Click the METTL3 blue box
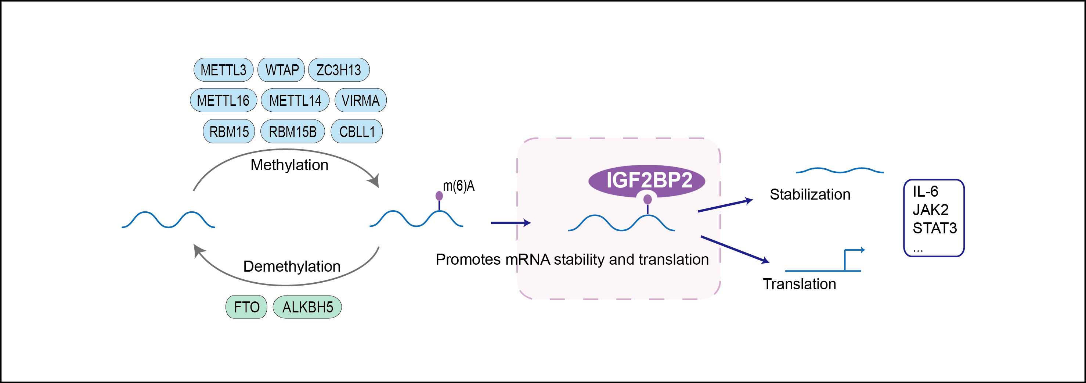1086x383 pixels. pos(223,69)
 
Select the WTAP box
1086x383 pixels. pos(281,69)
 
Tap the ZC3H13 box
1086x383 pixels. pos(339,69)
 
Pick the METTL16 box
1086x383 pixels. pos(223,100)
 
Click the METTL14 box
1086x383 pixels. pos(295,100)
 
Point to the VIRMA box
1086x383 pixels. pos(360,100)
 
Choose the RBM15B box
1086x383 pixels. pos(293,132)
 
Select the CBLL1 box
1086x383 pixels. pos(357,132)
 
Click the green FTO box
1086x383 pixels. pos(247,307)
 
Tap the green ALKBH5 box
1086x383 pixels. pos(307,307)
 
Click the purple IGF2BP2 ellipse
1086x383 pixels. pos(647,180)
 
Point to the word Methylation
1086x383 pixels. pos(290,165)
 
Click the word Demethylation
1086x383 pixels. pos(292,266)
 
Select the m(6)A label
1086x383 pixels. pos(459,186)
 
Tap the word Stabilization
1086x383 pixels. pos(810,194)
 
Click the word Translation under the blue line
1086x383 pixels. pos(799,284)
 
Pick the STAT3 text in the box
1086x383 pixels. pos(935,228)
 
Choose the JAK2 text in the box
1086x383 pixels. pos(930,210)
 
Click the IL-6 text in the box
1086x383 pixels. pos(926,191)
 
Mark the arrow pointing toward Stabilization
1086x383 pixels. pos(725,205)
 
